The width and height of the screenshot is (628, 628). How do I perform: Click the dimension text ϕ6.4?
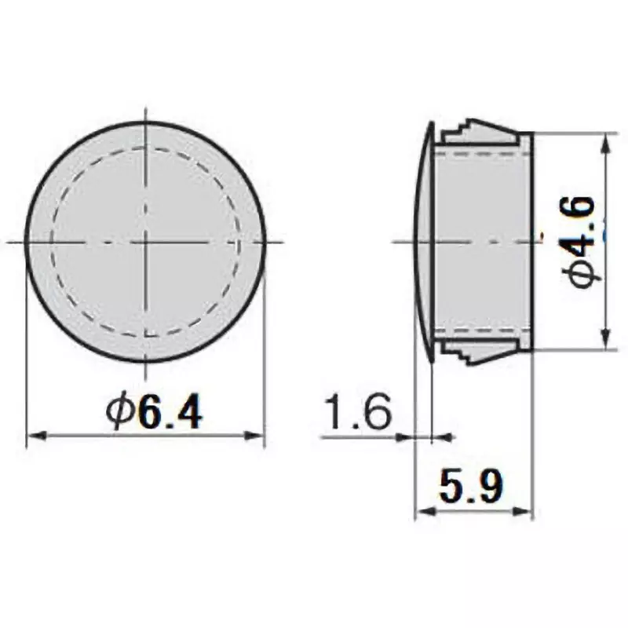(x=155, y=411)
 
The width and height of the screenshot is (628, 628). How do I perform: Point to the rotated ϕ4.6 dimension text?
(x=584, y=242)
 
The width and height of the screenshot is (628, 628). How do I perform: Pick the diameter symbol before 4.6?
(x=584, y=274)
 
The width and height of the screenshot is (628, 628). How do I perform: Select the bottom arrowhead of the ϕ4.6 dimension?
(x=605, y=338)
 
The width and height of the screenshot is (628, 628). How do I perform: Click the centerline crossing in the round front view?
(x=146, y=242)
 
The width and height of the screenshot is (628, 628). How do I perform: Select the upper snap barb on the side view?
(x=479, y=130)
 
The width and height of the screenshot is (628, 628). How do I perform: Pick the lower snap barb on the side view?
(x=479, y=352)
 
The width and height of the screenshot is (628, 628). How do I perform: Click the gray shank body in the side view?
(x=480, y=242)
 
